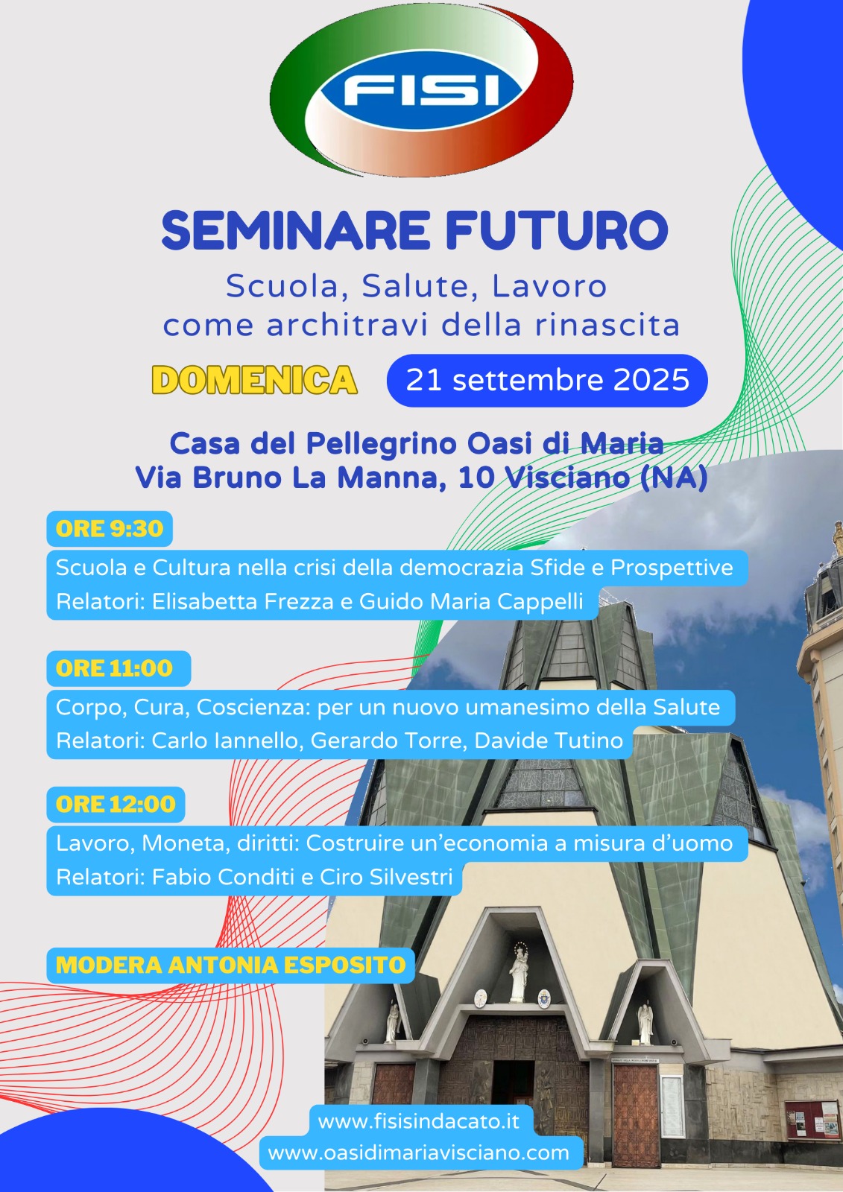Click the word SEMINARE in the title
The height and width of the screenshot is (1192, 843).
[x=296, y=230]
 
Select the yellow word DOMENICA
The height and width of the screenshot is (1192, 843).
[x=254, y=380]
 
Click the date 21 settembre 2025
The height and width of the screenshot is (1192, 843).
[x=547, y=381]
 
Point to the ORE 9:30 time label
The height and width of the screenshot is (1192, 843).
[x=110, y=528]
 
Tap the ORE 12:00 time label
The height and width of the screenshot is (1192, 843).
[x=116, y=804]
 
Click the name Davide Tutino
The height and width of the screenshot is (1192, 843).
[x=549, y=741]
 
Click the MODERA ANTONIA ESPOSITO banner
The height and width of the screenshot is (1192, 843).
[x=230, y=965]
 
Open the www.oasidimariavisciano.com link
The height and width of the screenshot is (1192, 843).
[x=419, y=1153]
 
